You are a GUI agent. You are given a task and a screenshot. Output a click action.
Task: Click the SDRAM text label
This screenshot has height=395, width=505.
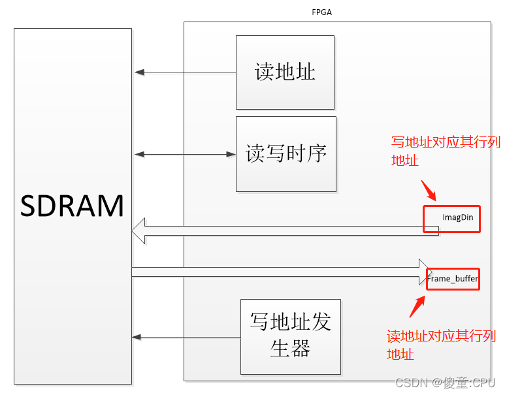click(x=72, y=206)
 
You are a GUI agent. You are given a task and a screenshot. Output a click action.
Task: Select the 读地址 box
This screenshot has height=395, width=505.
click(x=285, y=72)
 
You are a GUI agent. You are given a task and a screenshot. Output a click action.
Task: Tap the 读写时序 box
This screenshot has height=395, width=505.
click(x=285, y=154)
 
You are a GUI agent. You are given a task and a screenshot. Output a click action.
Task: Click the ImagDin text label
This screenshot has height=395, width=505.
click(x=458, y=217)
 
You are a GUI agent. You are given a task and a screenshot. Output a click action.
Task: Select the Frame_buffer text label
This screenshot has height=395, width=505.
click(x=453, y=279)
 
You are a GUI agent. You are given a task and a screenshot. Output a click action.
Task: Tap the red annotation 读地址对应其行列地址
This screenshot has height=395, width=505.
click(x=440, y=345)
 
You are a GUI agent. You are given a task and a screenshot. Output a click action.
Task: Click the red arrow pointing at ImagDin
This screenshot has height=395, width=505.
click(x=427, y=189)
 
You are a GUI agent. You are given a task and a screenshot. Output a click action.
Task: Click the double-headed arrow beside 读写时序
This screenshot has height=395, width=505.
click(x=185, y=154)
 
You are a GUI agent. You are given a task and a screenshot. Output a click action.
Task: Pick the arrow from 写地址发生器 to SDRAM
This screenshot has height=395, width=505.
click(x=186, y=337)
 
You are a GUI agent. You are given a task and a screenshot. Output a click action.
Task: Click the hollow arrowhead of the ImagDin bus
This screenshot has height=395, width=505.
click(x=138, y=231)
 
